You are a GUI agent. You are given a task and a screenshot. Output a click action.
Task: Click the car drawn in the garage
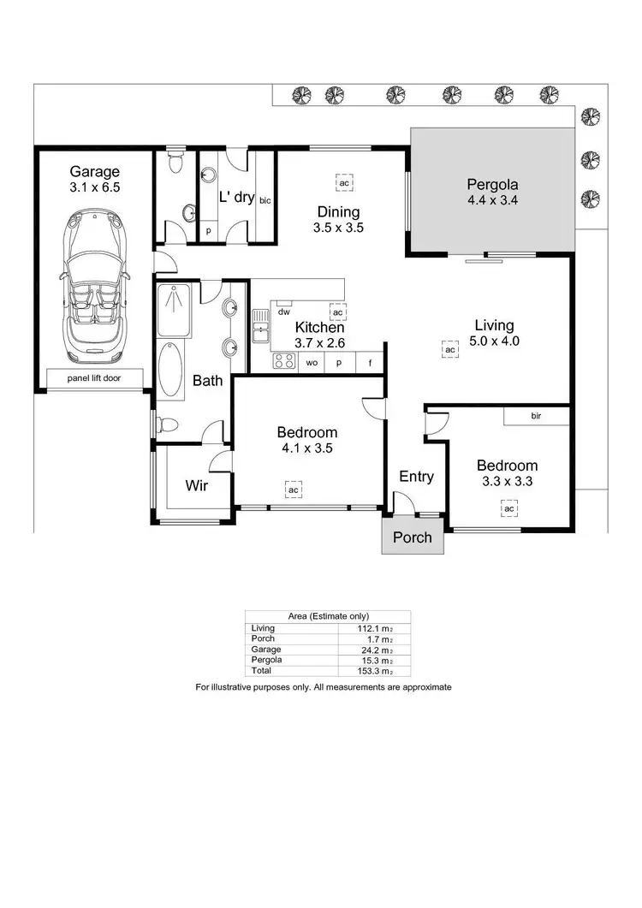coord(94,284)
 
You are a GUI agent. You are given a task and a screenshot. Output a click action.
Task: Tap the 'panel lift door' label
coord(94,377)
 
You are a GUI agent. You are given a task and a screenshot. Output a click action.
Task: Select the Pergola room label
coord(492,184)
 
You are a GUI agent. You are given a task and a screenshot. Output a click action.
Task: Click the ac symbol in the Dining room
coord(344,183)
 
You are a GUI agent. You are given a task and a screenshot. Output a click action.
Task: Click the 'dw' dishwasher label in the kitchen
coord(282,312)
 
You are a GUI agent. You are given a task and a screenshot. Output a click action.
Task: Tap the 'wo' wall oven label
coord(312,363)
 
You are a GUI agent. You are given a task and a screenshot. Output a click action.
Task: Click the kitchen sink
coord(259,328)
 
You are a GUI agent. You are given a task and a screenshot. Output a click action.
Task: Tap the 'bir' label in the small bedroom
coord(536,416)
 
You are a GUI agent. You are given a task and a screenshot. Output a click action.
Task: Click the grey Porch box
coord(413,537)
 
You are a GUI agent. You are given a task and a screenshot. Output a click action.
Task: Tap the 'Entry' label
coord(417,477)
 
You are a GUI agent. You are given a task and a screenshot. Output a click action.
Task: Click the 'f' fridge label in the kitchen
coord(370,363)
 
